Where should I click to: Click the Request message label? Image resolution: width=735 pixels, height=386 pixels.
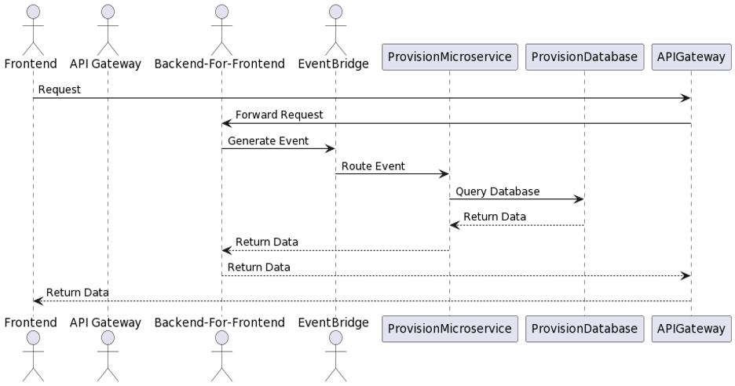[59, 90]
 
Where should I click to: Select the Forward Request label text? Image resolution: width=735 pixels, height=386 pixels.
[279, 115]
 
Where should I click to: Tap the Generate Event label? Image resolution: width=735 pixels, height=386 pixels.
[268, 140]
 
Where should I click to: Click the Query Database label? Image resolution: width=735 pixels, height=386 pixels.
[497, 191]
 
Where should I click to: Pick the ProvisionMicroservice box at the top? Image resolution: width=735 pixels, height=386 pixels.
[449, 57]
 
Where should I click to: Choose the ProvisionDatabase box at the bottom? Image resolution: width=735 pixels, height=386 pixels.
[584, 328]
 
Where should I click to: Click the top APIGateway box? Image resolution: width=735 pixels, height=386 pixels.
[691, 57]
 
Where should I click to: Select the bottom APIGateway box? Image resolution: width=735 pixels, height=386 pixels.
[691, 328]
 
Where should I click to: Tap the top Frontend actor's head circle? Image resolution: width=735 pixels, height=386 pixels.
[33, 11]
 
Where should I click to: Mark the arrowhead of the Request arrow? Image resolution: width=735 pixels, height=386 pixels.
[686, 98]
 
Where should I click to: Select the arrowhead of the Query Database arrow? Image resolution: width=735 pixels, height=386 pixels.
[579, 199]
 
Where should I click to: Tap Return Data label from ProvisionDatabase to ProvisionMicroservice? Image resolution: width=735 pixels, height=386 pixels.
[494, 217]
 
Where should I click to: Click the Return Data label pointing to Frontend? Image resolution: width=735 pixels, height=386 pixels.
[77, 293]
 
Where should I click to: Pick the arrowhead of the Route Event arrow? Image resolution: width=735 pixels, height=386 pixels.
[444, 174]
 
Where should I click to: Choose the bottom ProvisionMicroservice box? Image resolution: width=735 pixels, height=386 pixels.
[449, 328]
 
